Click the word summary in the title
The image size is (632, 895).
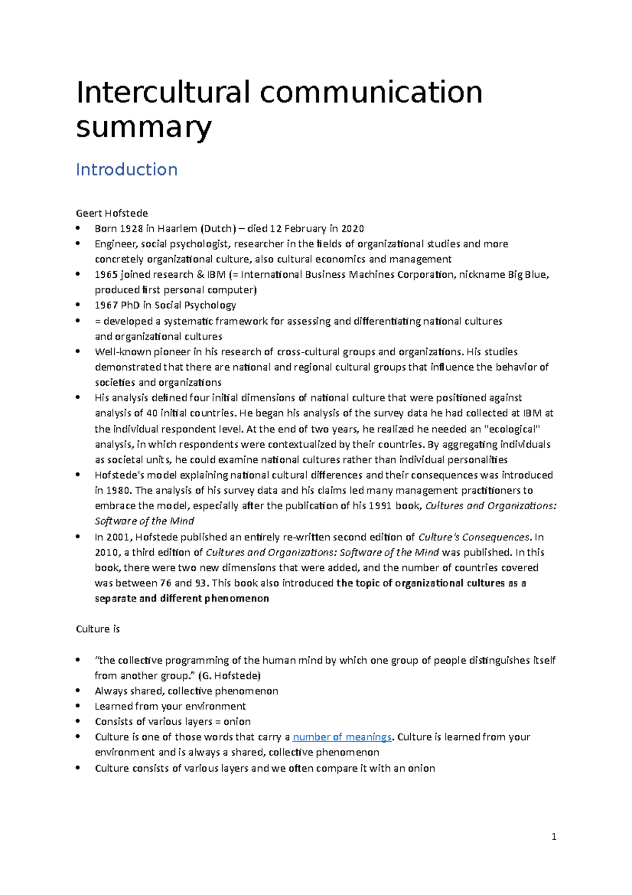point(143,127)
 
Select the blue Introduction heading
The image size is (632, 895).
point(126,170)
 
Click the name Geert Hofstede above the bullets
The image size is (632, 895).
point(112,213)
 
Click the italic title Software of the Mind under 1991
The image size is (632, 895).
point(144,521)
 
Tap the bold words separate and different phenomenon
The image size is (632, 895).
point(182,599)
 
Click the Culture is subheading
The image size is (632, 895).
point(98,629)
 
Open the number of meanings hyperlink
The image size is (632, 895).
point(342,737)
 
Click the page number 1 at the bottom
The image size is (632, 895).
point(554,836)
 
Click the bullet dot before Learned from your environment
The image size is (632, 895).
point(78,706)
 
